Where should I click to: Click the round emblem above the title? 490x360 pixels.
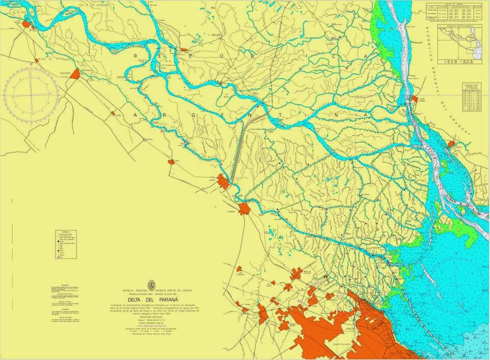(151, 285)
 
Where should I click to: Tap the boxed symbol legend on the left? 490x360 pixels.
(66, 244)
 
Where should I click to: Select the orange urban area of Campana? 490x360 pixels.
(244, 208)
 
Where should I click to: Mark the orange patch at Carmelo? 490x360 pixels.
(451, 145)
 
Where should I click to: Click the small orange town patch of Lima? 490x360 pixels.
(171, 162)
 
